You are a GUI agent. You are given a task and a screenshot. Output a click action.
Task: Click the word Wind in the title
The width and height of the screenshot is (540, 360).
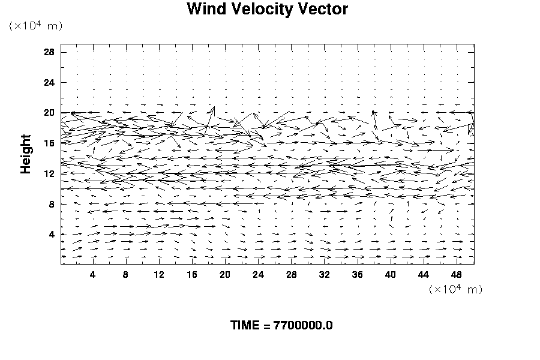[205, 10]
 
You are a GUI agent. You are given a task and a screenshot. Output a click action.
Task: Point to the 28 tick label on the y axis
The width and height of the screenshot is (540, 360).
[49, 52]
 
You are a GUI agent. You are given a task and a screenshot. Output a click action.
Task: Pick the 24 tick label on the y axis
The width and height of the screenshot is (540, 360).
[49, 82]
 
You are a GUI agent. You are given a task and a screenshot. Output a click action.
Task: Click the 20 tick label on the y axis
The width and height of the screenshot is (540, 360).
[49, 113]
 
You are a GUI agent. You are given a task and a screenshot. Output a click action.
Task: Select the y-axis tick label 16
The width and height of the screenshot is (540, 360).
[49, 143]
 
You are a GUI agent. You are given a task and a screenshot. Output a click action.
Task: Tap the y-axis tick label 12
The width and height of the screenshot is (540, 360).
[49, 173]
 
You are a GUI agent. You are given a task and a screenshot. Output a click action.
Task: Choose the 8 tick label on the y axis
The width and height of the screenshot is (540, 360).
[52, 204]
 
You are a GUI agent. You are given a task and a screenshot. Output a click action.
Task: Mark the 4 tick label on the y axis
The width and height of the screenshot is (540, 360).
[52, 235]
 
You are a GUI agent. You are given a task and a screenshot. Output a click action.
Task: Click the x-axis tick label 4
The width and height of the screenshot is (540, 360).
[92, 275]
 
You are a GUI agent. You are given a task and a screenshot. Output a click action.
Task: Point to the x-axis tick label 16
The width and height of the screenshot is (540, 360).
[192, 275]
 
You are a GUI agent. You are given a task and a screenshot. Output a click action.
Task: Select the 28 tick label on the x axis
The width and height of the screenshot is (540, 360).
[292, 275]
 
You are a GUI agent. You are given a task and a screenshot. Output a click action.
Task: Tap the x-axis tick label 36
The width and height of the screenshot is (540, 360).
[358, 275]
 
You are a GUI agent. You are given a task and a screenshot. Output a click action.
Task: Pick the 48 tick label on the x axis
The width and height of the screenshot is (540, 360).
[457, 275]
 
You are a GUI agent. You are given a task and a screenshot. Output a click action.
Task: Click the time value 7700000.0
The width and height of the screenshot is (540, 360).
[303, 326]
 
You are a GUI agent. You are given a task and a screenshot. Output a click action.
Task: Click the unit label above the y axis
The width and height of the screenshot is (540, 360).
[35, 25]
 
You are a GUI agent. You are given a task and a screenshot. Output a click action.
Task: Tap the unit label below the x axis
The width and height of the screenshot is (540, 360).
[456, 289]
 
